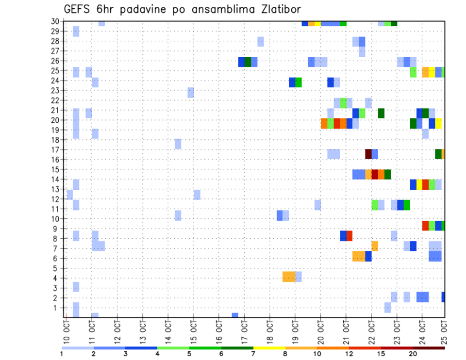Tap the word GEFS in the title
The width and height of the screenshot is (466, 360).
[x=76, y=9]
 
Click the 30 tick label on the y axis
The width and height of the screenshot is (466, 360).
[x=55, y=21]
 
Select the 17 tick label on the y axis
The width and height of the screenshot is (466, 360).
[x=55, y=150]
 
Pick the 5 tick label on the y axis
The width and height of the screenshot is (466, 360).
[x=58, y=268]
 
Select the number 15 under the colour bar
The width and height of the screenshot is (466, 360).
[x=381, y=353]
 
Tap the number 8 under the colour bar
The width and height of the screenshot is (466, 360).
[x=285, y=353]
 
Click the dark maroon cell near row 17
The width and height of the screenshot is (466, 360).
[x=368, y=154]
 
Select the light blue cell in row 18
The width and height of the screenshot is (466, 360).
[x=178, y=144]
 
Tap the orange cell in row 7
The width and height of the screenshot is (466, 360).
[x=375, y=246]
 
